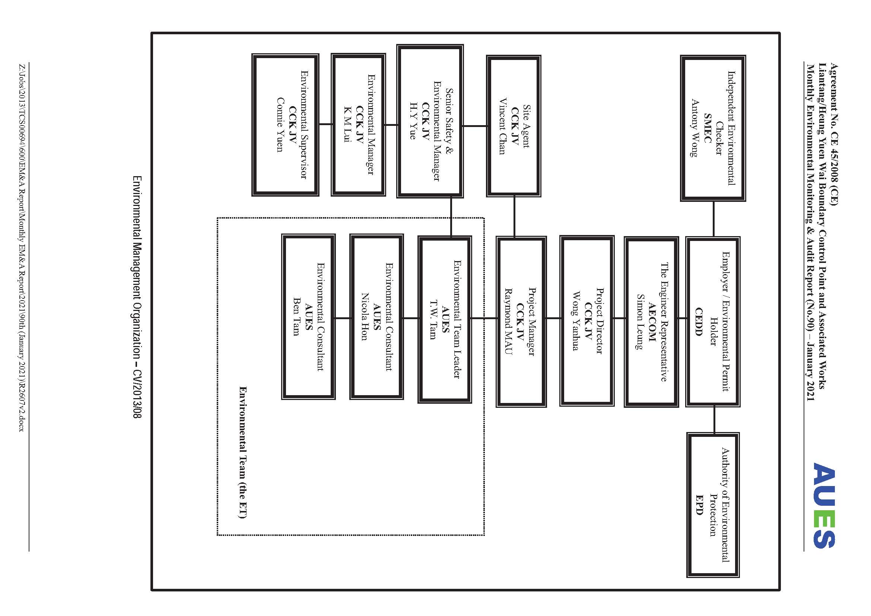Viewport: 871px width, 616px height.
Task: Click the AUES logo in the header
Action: pos(824,505)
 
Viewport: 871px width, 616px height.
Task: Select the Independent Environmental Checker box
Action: pos(713,128)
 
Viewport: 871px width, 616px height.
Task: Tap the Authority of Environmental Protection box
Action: pos(713,505)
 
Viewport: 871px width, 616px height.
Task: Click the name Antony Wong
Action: pos(694,128)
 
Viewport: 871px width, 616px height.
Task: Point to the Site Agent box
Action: pos(514,126)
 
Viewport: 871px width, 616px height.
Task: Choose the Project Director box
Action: pos(587,321)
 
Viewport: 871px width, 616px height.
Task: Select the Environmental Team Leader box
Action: pos(445,319)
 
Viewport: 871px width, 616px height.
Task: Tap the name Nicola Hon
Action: pos(364,317)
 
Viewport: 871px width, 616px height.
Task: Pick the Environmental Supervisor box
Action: pos(285,125)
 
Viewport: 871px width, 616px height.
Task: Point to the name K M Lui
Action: pos(347,124)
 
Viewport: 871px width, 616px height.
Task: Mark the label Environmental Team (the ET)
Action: pos(243,453)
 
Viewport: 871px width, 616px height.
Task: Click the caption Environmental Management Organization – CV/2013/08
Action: pos(137,297)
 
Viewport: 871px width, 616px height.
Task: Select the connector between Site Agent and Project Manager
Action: pos(514,217)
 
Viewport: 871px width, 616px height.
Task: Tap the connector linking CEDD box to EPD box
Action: pos(714,419)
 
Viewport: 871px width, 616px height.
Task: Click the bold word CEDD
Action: pos(699,321)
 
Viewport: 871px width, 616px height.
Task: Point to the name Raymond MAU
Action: pos(508,322)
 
